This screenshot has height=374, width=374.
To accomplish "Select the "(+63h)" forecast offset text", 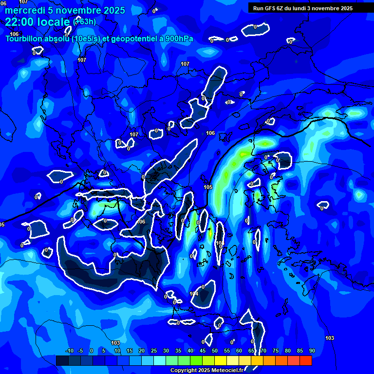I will [84, 22].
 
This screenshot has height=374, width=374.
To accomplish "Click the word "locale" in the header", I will [54, 22].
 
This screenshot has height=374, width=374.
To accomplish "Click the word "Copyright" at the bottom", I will [184, 371].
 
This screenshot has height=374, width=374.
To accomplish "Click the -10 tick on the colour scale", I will [69, 351].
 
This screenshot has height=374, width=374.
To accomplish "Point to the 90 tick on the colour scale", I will [312, 351].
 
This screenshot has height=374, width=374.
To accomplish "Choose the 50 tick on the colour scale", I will [215, 351].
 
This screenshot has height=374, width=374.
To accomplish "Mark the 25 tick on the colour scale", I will [154, 351].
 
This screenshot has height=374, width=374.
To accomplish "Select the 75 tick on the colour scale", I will [276, 351].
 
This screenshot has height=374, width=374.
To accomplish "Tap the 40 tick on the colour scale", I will [190, 351].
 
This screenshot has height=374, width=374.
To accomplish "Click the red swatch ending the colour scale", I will [306, 360].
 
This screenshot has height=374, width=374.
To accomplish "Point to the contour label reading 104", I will [194, 294].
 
